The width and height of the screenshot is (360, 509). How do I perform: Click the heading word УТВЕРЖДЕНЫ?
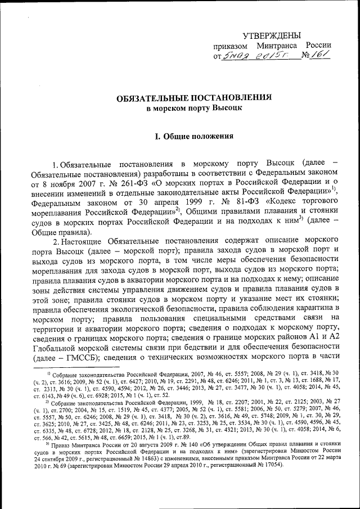click(272, 35)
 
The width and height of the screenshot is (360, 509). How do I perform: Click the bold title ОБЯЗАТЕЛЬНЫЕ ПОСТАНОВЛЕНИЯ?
click(194, 97)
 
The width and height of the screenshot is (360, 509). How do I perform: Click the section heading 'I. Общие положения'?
click(194, 136)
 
